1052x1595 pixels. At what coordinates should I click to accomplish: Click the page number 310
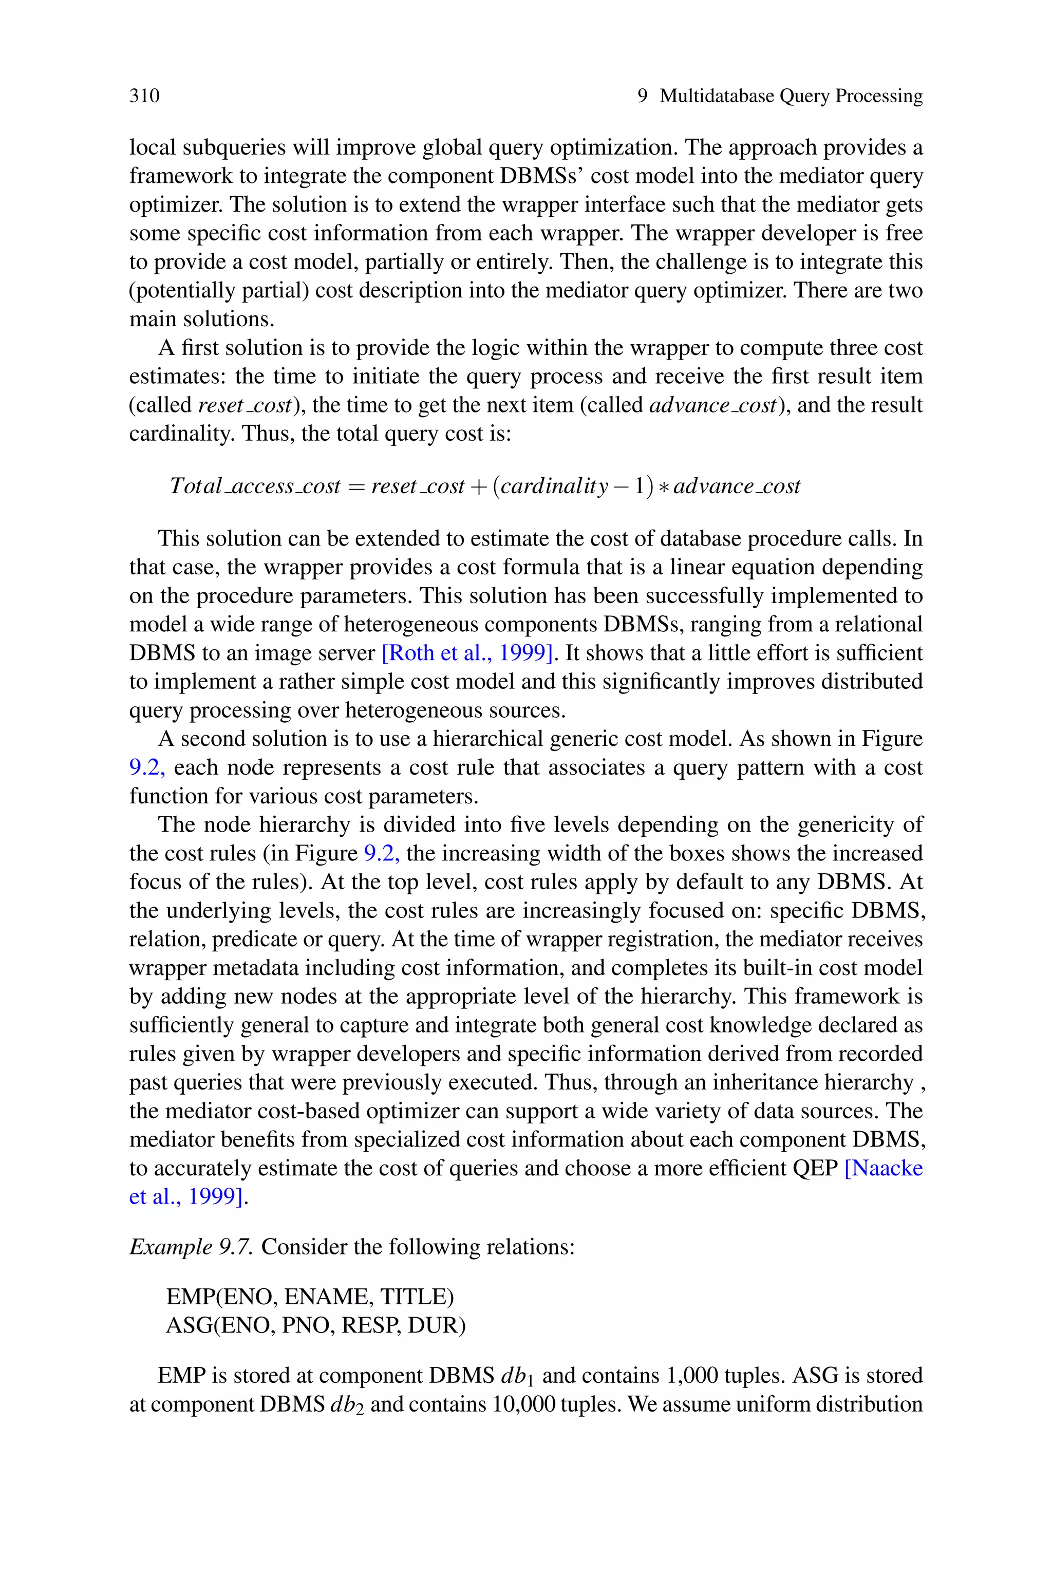click(x=144, y=96)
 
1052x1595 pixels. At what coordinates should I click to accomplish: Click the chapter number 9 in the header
click(x=643, y=96)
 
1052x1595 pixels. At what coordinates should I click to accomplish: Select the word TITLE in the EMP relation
click(x=417, y=1297)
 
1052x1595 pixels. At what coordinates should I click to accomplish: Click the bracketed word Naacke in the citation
click(x=884, y=1168)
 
